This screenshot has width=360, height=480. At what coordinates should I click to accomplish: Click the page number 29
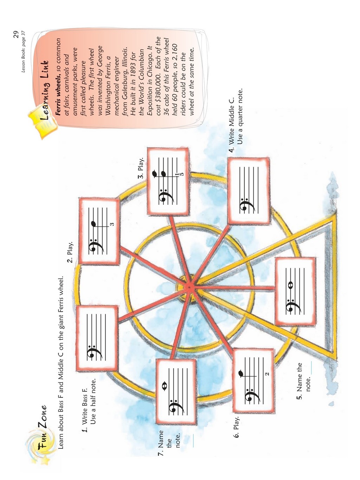pyautogui.click(x=15, y=34)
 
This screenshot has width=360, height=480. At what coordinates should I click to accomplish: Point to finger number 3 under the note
pyautogui.click(x=112, y=224)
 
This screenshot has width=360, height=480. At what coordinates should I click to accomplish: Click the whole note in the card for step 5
pyautogui.click(x=290, y=285)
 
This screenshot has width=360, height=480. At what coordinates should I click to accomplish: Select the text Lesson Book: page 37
pyautogui.click(x=23, y=52)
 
